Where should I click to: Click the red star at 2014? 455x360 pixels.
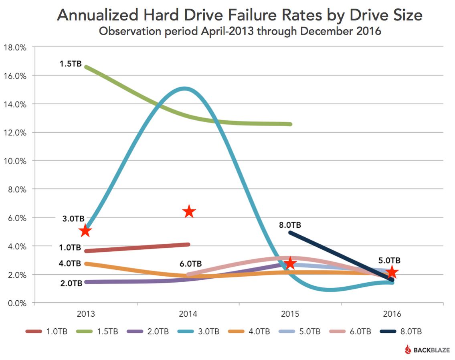tap(189, 212)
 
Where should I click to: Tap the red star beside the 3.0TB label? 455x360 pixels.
tap(85, 231)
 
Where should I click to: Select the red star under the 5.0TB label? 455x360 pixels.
tap(392, 272)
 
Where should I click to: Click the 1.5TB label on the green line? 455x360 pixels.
tap(70, 63)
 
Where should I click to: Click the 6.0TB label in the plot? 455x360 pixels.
tap(190, 264)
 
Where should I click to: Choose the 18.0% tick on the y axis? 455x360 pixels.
tap(15, 47)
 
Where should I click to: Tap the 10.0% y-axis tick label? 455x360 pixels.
tap(15, 161)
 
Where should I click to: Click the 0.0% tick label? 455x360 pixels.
tap(16, 303)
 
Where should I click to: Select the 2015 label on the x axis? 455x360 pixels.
tap(290, 314)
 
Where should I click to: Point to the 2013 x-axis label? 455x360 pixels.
tap(86, 314)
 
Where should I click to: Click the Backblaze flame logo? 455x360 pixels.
tap(408, 349)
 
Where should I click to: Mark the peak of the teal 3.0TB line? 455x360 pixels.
tap(184, 89)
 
